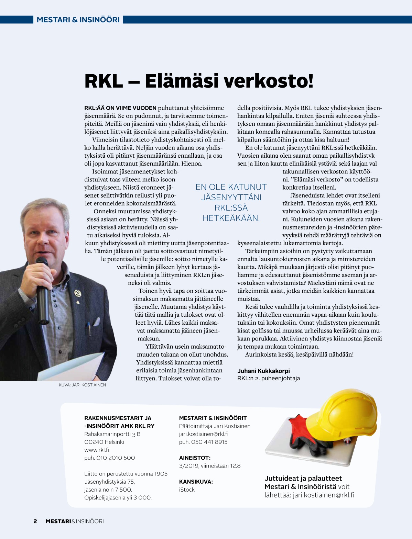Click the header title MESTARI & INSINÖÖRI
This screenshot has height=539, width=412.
click(78, 20)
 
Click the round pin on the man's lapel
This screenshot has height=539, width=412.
click(78, 293)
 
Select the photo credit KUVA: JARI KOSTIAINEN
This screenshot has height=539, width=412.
click(82, 385)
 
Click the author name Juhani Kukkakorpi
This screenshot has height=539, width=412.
click(263, 371)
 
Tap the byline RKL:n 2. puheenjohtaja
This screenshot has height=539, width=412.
click(268, 378)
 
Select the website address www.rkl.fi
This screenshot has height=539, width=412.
click(97, 450)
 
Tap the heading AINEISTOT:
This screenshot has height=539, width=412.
click(195, 458)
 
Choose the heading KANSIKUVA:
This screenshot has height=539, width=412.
click(196, 482)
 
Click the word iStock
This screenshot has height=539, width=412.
click(187, 490)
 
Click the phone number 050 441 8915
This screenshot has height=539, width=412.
click(203, 442)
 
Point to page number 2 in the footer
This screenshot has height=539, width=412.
click(35, 521)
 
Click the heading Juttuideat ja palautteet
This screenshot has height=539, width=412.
click(303, 478)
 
